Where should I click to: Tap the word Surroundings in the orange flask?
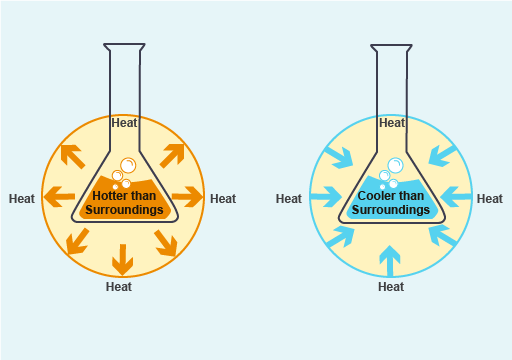coord(124,210)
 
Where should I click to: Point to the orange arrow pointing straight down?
coord(122,258)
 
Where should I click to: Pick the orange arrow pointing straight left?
coord(62,195)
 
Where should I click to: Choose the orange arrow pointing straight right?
coord(187,195)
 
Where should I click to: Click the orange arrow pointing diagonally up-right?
coord(172,154)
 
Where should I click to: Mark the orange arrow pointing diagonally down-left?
coord(73,240)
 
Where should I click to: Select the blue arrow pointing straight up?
coord(391,260)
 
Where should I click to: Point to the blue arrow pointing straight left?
coord(456,197)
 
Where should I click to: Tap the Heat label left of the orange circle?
coord(22,198)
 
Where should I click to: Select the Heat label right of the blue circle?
coord(490,199)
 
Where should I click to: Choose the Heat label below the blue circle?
coord(391,287)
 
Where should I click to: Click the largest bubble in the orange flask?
coord(128,166)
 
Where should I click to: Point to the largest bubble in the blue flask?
coord(395,165)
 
